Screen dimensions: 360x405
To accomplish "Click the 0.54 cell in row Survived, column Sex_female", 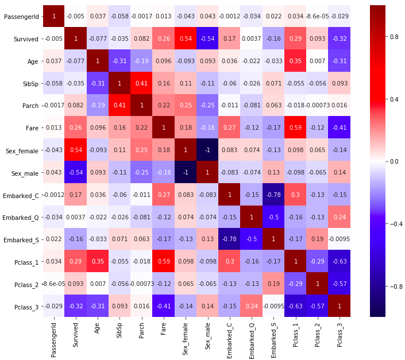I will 187,38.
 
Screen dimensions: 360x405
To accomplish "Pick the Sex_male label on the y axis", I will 24,172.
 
